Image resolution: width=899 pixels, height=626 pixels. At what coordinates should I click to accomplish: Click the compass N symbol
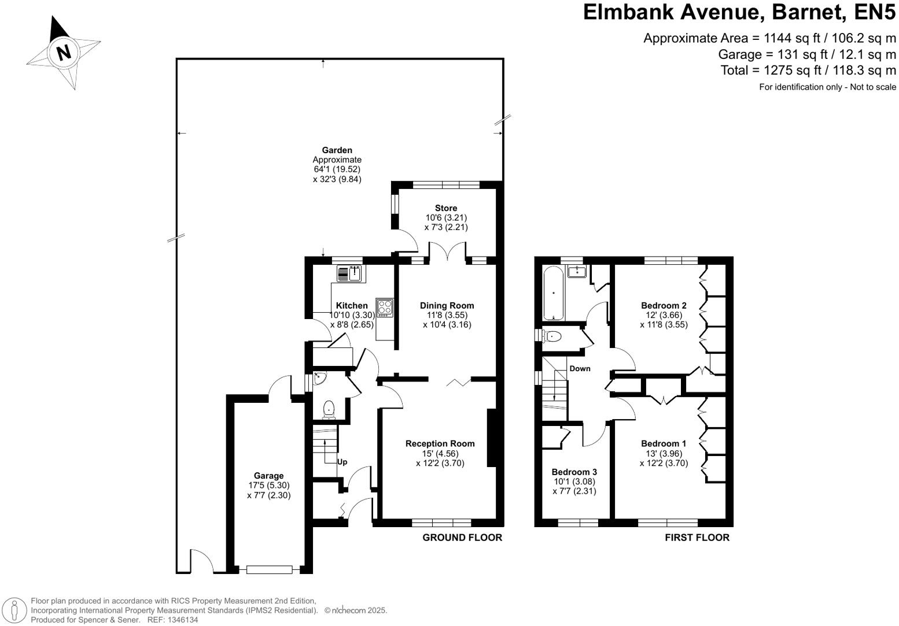[x=64, y=52]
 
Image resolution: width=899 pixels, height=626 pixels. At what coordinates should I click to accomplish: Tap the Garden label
[x=337, y=150]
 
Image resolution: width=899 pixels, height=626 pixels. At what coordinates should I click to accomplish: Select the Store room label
[x=445, y=208]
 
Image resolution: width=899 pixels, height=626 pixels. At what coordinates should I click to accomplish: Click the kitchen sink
[x=349, y=273]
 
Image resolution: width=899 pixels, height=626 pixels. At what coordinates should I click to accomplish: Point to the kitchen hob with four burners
[x=384, y=308]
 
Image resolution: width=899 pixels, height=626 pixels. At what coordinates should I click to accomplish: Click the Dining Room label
[x=447, y=306]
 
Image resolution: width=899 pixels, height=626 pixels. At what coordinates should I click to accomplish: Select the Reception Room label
[x=440, y=444]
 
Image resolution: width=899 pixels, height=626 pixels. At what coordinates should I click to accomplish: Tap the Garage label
[x=268, y=476]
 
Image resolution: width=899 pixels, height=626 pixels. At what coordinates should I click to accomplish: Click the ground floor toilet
[x=329, y=409]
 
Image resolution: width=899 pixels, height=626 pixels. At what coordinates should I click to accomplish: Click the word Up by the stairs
[x=342, y=462]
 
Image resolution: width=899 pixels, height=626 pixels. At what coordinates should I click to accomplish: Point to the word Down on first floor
[x=580, y=369]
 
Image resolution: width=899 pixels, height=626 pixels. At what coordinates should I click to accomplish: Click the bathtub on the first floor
[x=554, y=294]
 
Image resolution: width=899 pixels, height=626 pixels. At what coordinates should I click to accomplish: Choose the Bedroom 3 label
[x=574, y=472]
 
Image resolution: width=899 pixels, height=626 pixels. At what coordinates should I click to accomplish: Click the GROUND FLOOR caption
[x=462, y=538]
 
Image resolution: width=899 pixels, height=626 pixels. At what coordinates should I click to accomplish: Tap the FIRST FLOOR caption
[x=697, y=538]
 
